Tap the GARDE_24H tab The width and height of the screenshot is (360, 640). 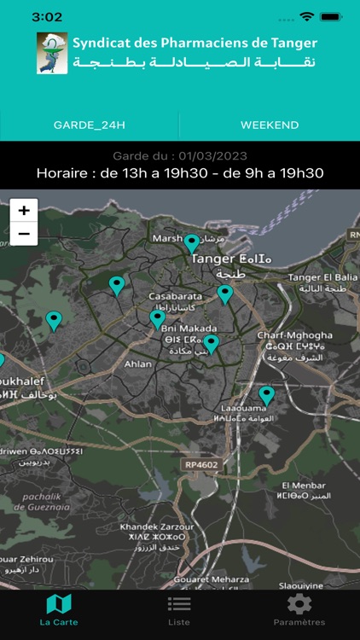(x=90, y=125)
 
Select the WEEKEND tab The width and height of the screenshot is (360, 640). (x=270, y=125)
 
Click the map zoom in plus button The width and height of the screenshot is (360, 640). (x=24, y=210)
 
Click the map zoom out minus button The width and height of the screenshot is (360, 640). (x=24, y=233)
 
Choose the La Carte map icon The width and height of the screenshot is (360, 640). (x=59, y=604)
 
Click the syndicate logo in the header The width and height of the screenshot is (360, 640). (x=52, y=53)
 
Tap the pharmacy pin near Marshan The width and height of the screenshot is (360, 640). (x=192, y=243)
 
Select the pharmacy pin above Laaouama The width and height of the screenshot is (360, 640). (x=267, y=395)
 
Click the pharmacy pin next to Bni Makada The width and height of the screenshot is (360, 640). (x=211, y=343)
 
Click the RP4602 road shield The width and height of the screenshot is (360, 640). (x=200, y=465)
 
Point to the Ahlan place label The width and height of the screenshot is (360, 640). (x=137, y=364)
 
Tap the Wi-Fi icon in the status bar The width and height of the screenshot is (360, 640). (x=306, y=17)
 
